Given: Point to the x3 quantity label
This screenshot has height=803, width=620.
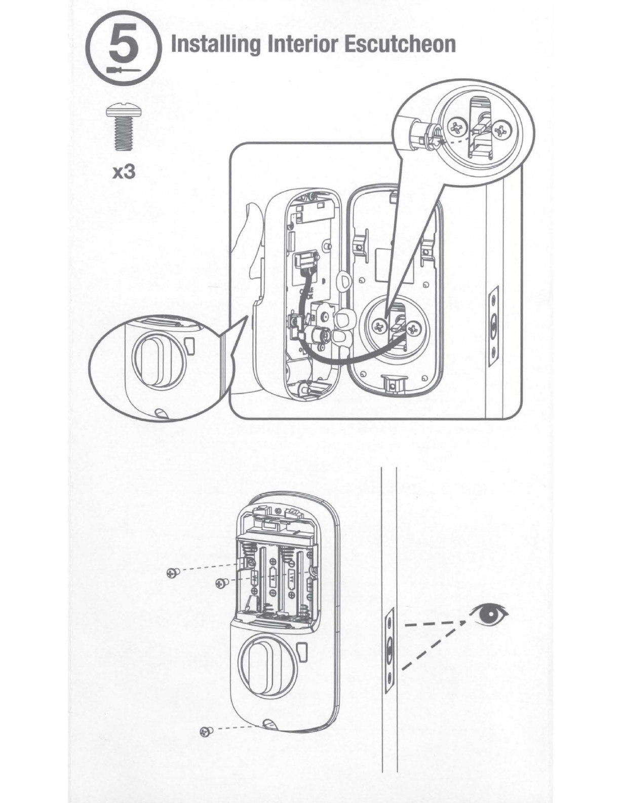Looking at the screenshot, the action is coord(123,173).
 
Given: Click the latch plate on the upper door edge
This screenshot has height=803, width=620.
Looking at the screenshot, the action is coord(493,326).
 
